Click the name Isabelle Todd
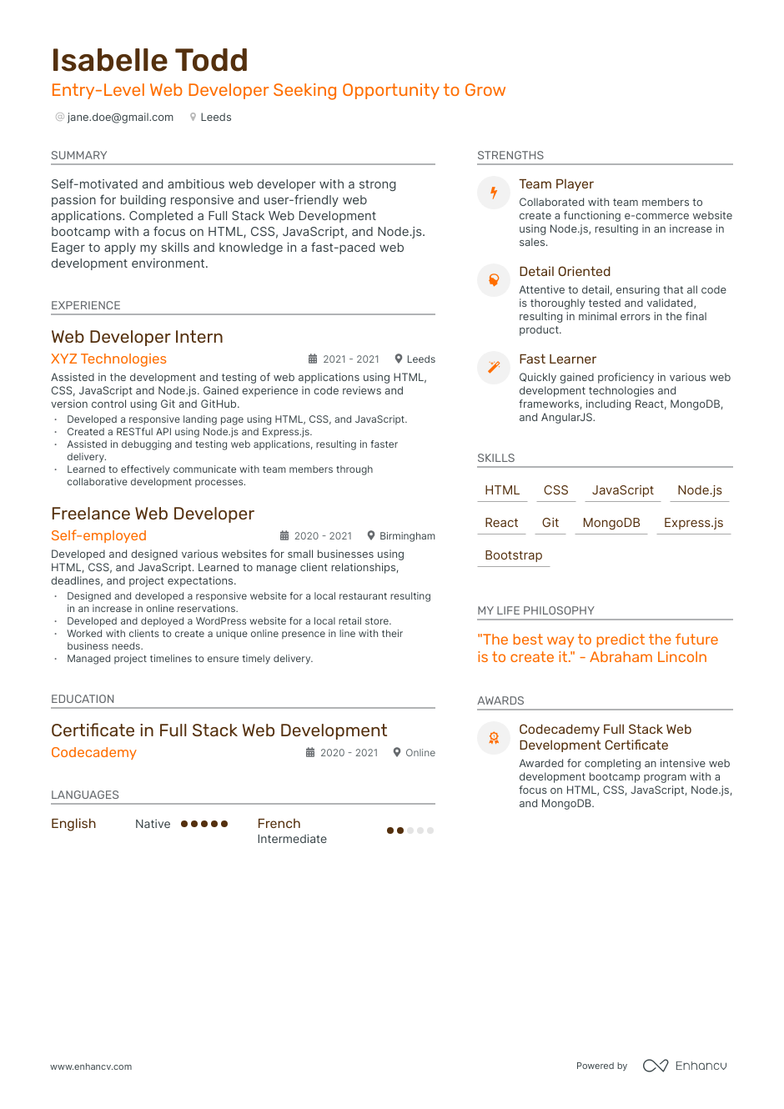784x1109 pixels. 150,61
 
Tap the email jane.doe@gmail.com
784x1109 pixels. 120,118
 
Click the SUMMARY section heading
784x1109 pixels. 79,156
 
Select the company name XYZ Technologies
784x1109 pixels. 108,359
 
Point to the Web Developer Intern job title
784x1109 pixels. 137,337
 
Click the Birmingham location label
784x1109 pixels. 407,536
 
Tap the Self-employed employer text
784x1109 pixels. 98,536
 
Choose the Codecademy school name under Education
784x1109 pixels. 93,753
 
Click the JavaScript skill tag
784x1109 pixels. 622,490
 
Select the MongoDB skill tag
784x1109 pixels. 611,523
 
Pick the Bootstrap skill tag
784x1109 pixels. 513,555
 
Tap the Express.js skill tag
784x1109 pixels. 693,523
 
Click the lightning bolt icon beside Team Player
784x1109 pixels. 494,193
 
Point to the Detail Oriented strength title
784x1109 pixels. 565,272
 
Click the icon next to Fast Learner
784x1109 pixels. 494,367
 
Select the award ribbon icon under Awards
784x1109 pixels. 494,737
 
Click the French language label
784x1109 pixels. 279,824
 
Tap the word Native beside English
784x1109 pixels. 153,824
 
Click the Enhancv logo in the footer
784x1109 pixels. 685,1066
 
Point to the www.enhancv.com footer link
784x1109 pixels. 91,1066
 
